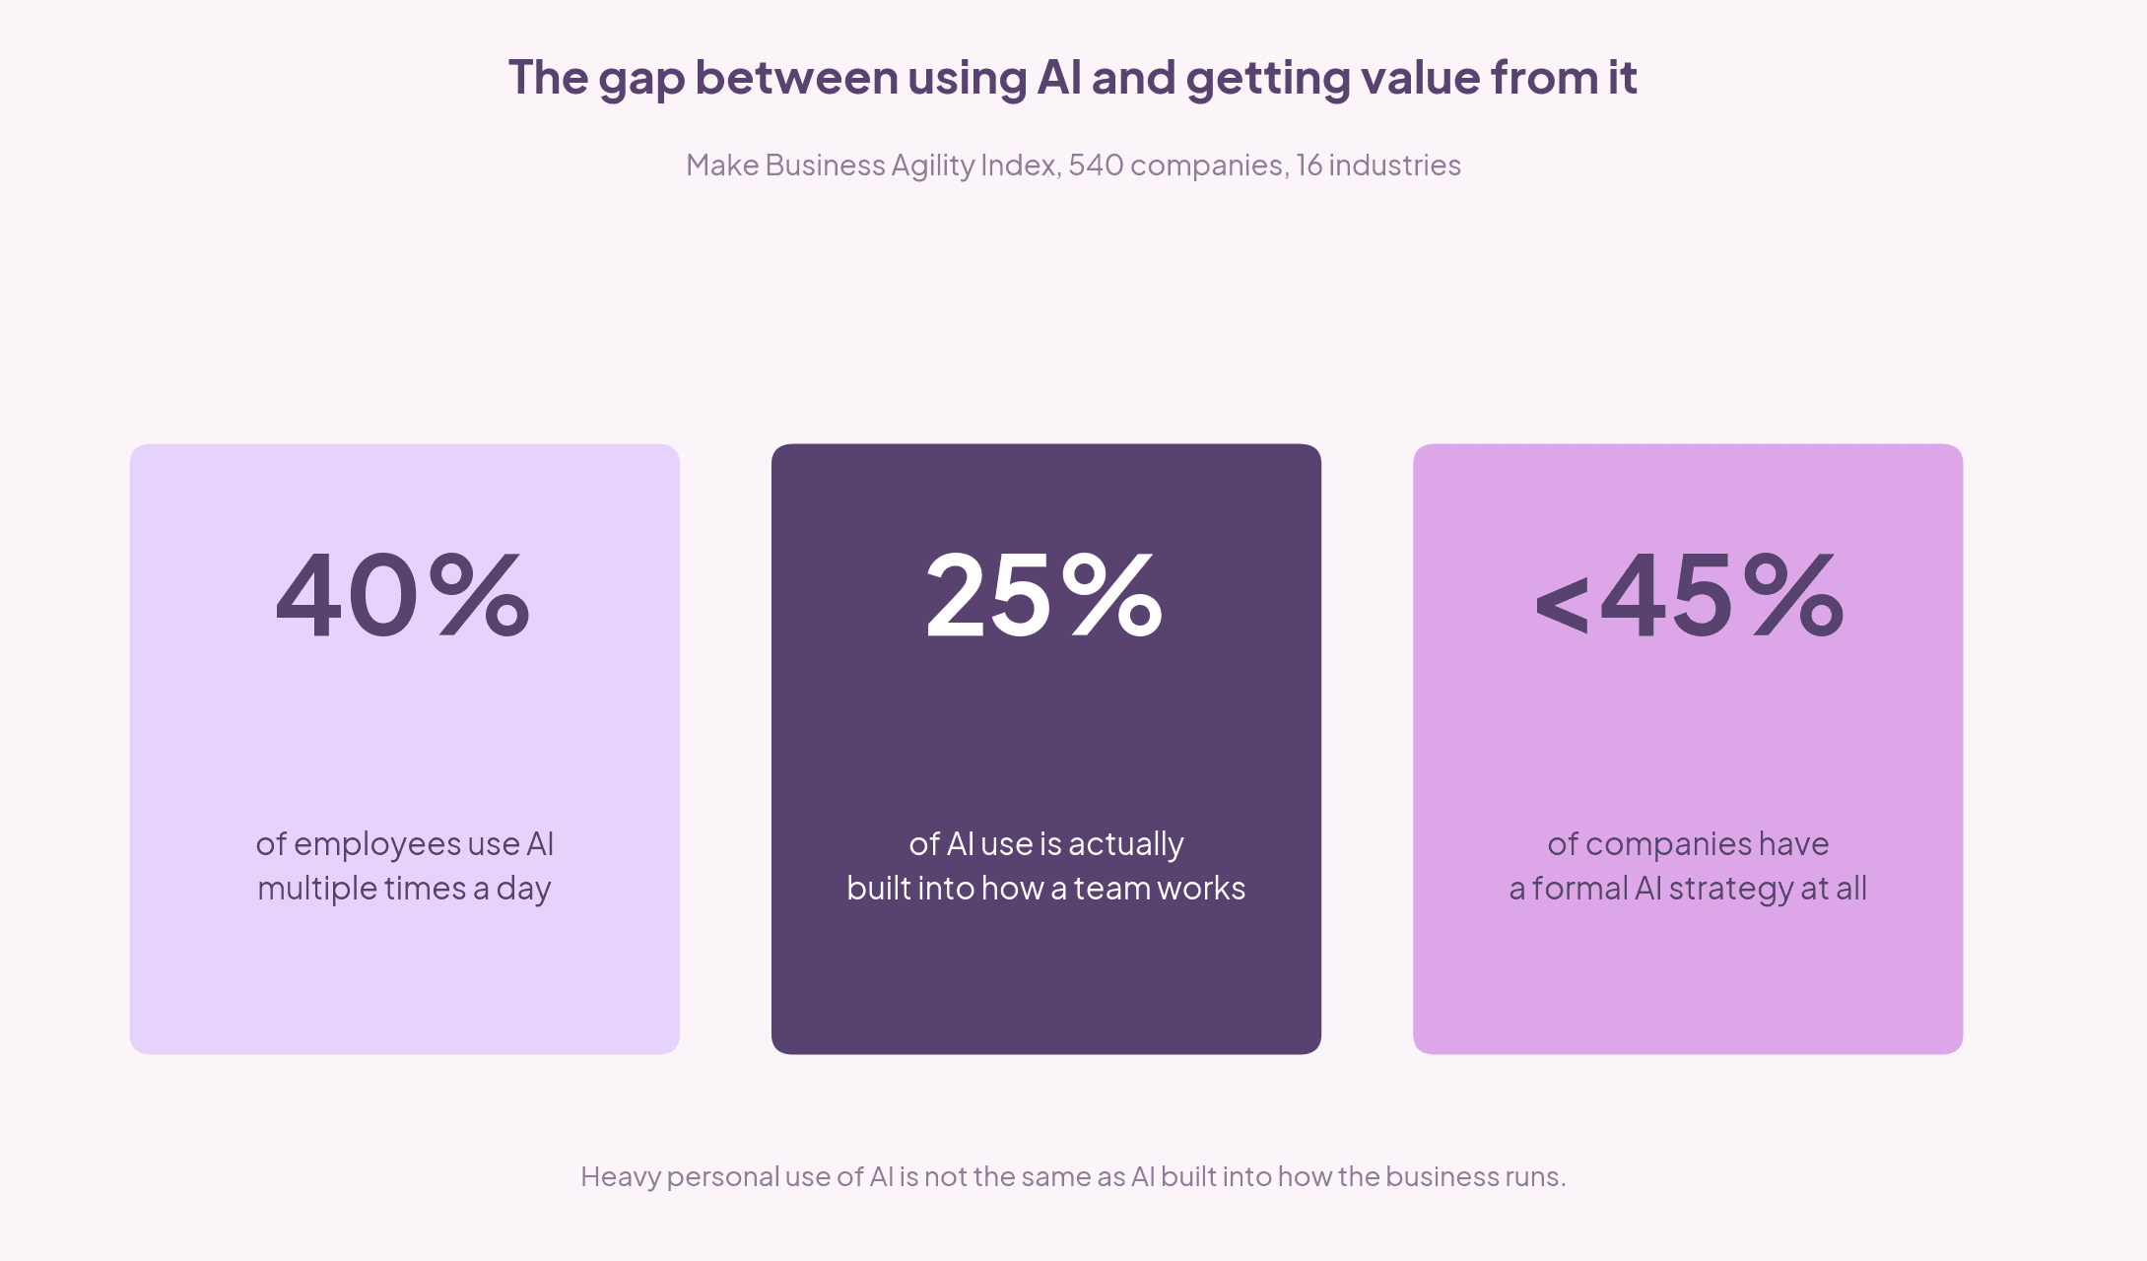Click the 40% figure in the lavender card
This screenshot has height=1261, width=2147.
pos(403,595)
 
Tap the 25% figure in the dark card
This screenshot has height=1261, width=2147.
pos(1044,595)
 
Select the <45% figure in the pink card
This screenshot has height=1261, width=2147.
pos(1689,595)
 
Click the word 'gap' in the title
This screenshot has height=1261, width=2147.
pos(641,80)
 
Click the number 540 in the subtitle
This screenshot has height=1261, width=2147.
pos(1096,165)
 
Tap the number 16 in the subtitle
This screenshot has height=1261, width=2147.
pos(1308,165)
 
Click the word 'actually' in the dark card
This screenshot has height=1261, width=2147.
pos(1126,845)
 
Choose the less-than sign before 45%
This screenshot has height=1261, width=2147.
pos(1562,603)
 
